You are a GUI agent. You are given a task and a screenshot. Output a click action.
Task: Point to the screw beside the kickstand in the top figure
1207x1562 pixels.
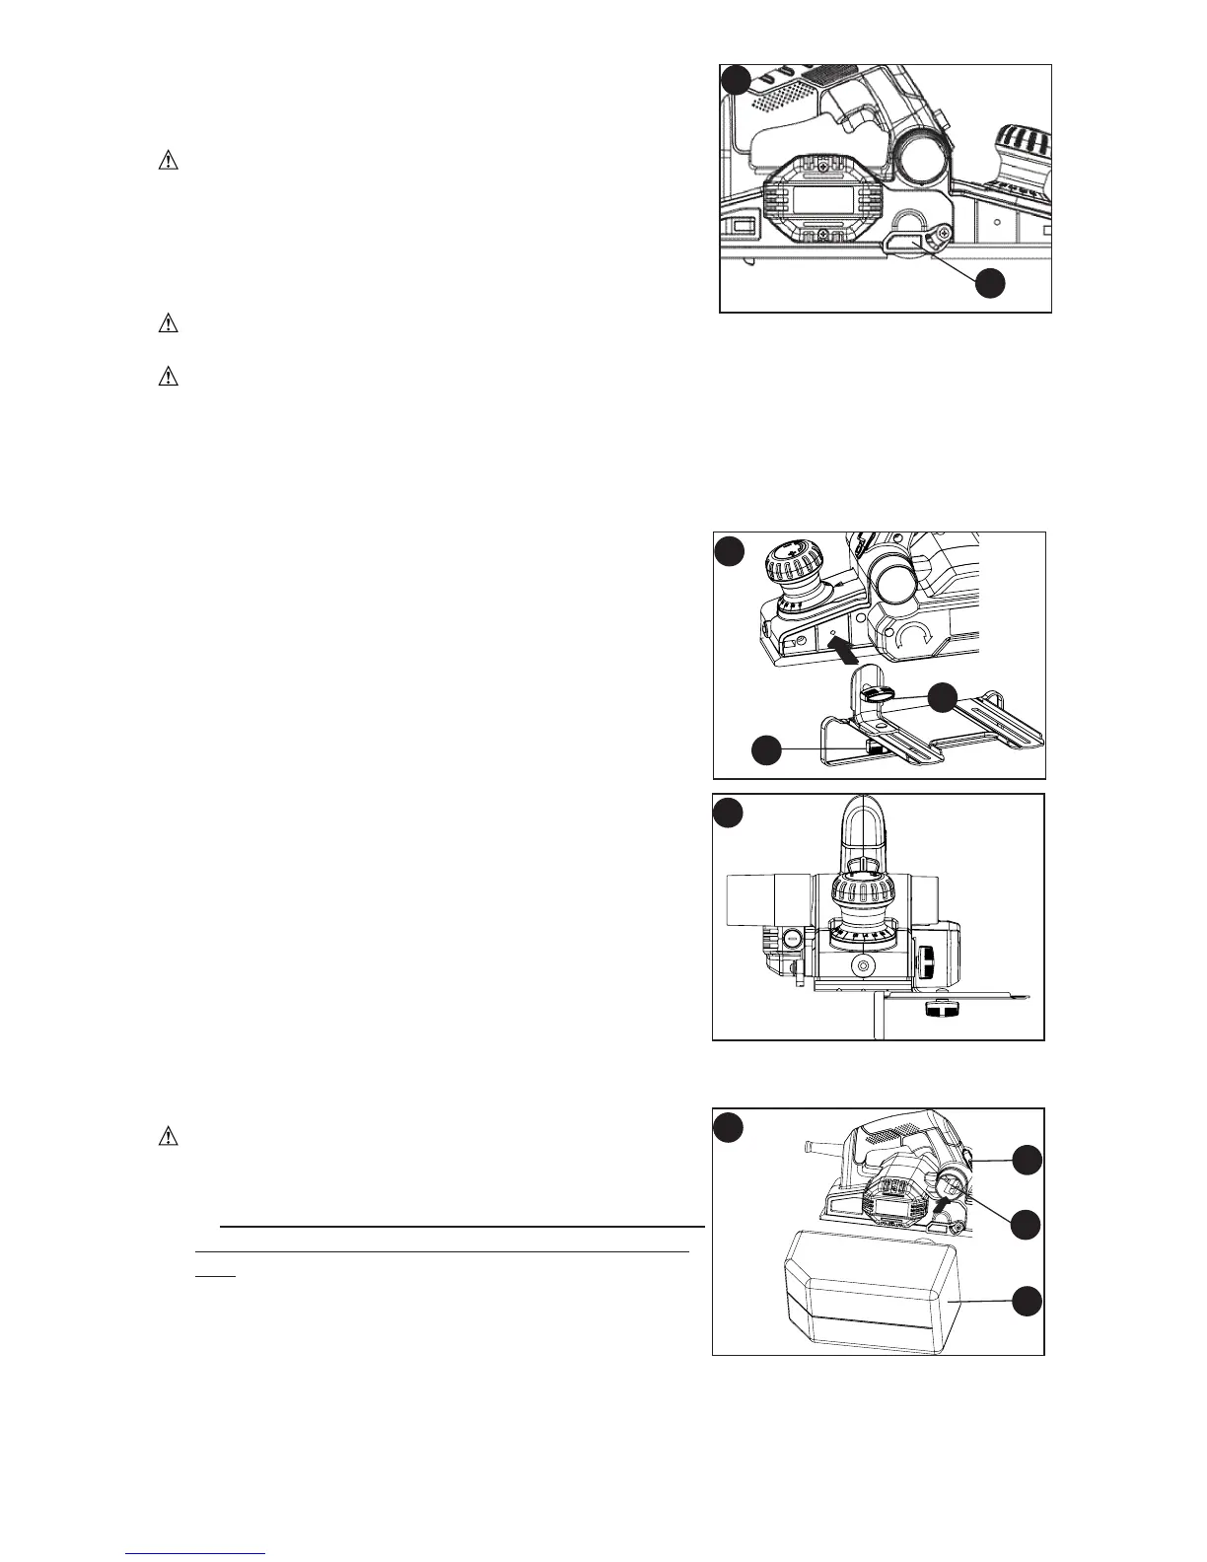coord(944,233)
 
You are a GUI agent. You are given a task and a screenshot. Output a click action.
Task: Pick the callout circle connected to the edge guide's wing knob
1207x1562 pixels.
coord(944,696)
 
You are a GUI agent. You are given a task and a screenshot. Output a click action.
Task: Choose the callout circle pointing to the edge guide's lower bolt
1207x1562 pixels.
coord(766,750)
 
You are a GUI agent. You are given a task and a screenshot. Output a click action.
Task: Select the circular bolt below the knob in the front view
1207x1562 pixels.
coord(864,967)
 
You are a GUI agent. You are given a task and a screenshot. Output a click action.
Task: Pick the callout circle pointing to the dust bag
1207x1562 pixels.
coord(1027,1301)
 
